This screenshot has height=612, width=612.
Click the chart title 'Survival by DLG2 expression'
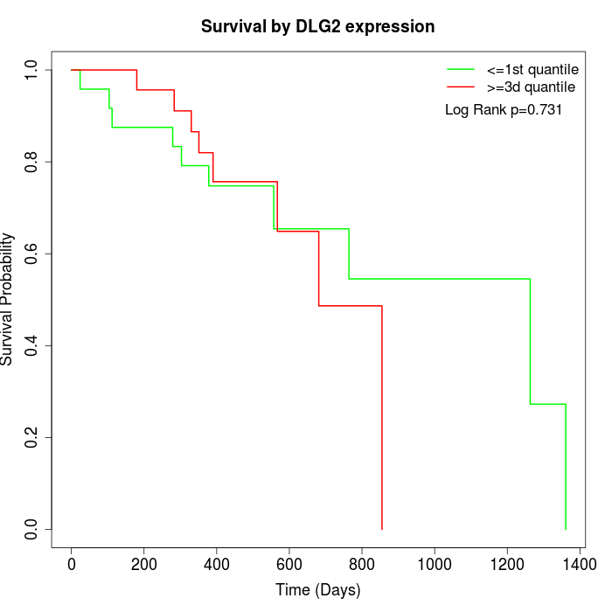(x=317, y=27)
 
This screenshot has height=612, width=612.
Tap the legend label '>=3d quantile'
(x=531, y=87)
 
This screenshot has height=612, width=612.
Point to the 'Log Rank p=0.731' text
(x=504, y=110)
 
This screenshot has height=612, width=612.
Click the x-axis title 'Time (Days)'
(x=317, y=590)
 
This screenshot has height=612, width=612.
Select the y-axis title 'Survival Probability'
(x=8, y=299)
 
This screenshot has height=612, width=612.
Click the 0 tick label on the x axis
(x=72, y=565)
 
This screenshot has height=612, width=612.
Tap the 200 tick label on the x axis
(x=144, y=565)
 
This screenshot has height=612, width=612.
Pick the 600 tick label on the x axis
(x=289, y=565)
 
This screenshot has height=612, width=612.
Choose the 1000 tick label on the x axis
(x=435, y=565)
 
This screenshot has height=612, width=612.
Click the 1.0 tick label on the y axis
(x=32, y=70)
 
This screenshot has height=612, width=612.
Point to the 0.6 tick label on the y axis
(x=32, y=254)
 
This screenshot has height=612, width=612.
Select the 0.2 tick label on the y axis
(x=32, y=437)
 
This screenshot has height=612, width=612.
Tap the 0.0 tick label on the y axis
(x=32, y=529)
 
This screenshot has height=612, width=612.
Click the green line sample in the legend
(x=460, y=69)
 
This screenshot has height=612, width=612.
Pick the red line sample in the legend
(x=460, y=87)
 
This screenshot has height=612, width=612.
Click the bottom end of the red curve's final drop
(x=382, y=529)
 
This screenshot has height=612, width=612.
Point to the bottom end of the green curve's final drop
(x=566, y=529)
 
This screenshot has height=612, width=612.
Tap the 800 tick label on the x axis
(x=362, y=565)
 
